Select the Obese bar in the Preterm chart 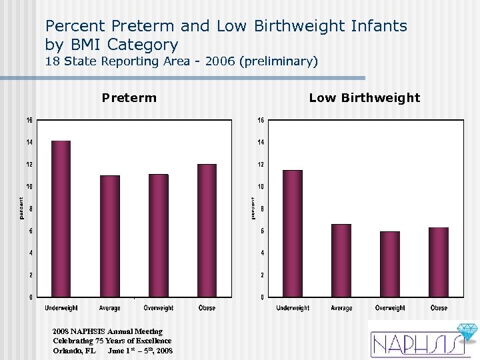tap(207, 230)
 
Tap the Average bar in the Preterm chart tap(110, 236)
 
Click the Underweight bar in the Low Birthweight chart tap(293, 233)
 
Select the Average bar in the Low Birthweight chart tap(341, 260)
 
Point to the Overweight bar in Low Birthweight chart tap(390, 264)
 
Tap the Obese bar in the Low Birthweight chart tap(439, 262)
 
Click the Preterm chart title tap(129, 98)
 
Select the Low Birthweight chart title tap(364, 98)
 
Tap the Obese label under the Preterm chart tap(207, 308)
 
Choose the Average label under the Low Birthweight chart tap(341, 308)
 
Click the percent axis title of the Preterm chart tap(21, 208)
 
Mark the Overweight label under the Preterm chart tap(159, 308)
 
